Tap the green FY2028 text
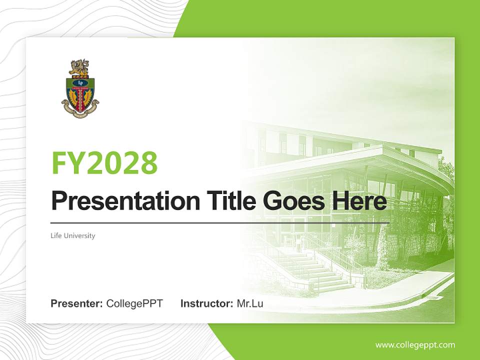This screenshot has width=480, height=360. (x=104, y=163)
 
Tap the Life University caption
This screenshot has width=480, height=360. (x=73, y=235)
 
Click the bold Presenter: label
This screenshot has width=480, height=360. (x=77, y=303)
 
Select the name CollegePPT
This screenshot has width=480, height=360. (x=134, y=303)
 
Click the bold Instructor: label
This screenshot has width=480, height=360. (x=206, y=303)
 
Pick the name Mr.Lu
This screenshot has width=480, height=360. (x=250, y=303)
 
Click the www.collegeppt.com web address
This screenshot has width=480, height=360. (x=415, y=345)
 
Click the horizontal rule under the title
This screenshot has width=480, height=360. (x=220, y=222)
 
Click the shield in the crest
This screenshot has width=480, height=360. (x=80, y=92)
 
